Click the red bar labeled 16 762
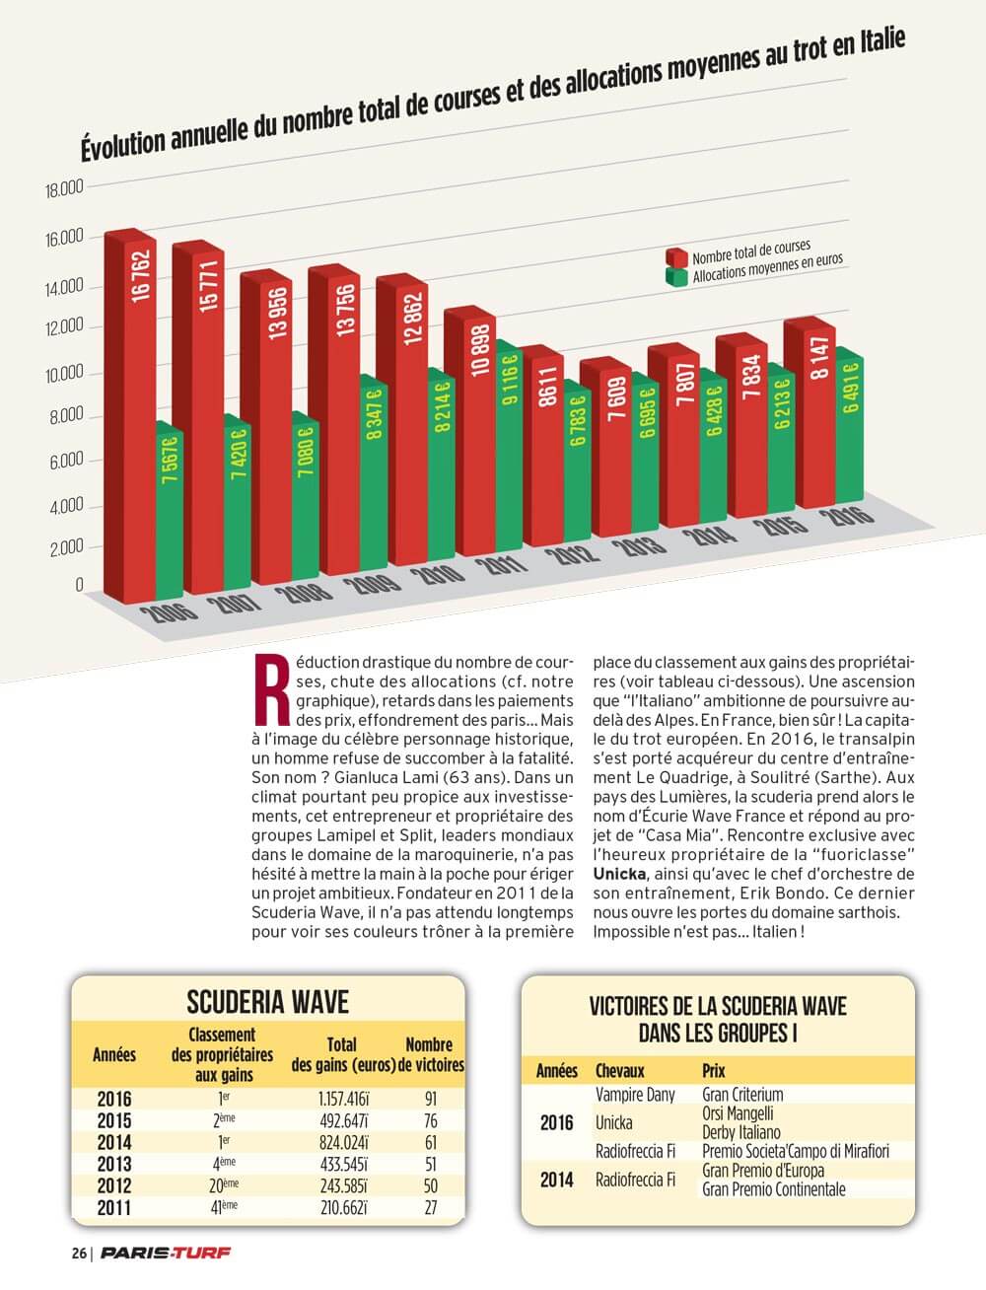pyautogui.click(x=130, y=416)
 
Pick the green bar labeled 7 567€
pyautogui.click(x=170, y=510)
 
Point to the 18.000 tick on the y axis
pyautogui.click(x=65, y=189)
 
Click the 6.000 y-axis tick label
pyautogui.click(x=66, y=462)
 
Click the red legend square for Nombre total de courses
pyautogui.click(x=676, y=256)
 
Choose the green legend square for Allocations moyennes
pyautogui.click(x=676, y=277)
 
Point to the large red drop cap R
pyautogui.click(x=271, y=690)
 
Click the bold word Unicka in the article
pyautogui.click(x=619, y=874)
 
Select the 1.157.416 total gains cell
pyautogui.click(x=344, y=1099)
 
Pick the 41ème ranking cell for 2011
pyautogui.click(x=224, y=1207)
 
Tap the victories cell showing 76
pyautogui.click(x=431, y=1120)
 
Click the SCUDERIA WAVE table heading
pyautogui.click(x=268, y=1002)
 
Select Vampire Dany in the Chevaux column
pyautogui.click(x=635, y=1095)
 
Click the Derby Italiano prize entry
pyautogui.click(x=741, y=1132)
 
